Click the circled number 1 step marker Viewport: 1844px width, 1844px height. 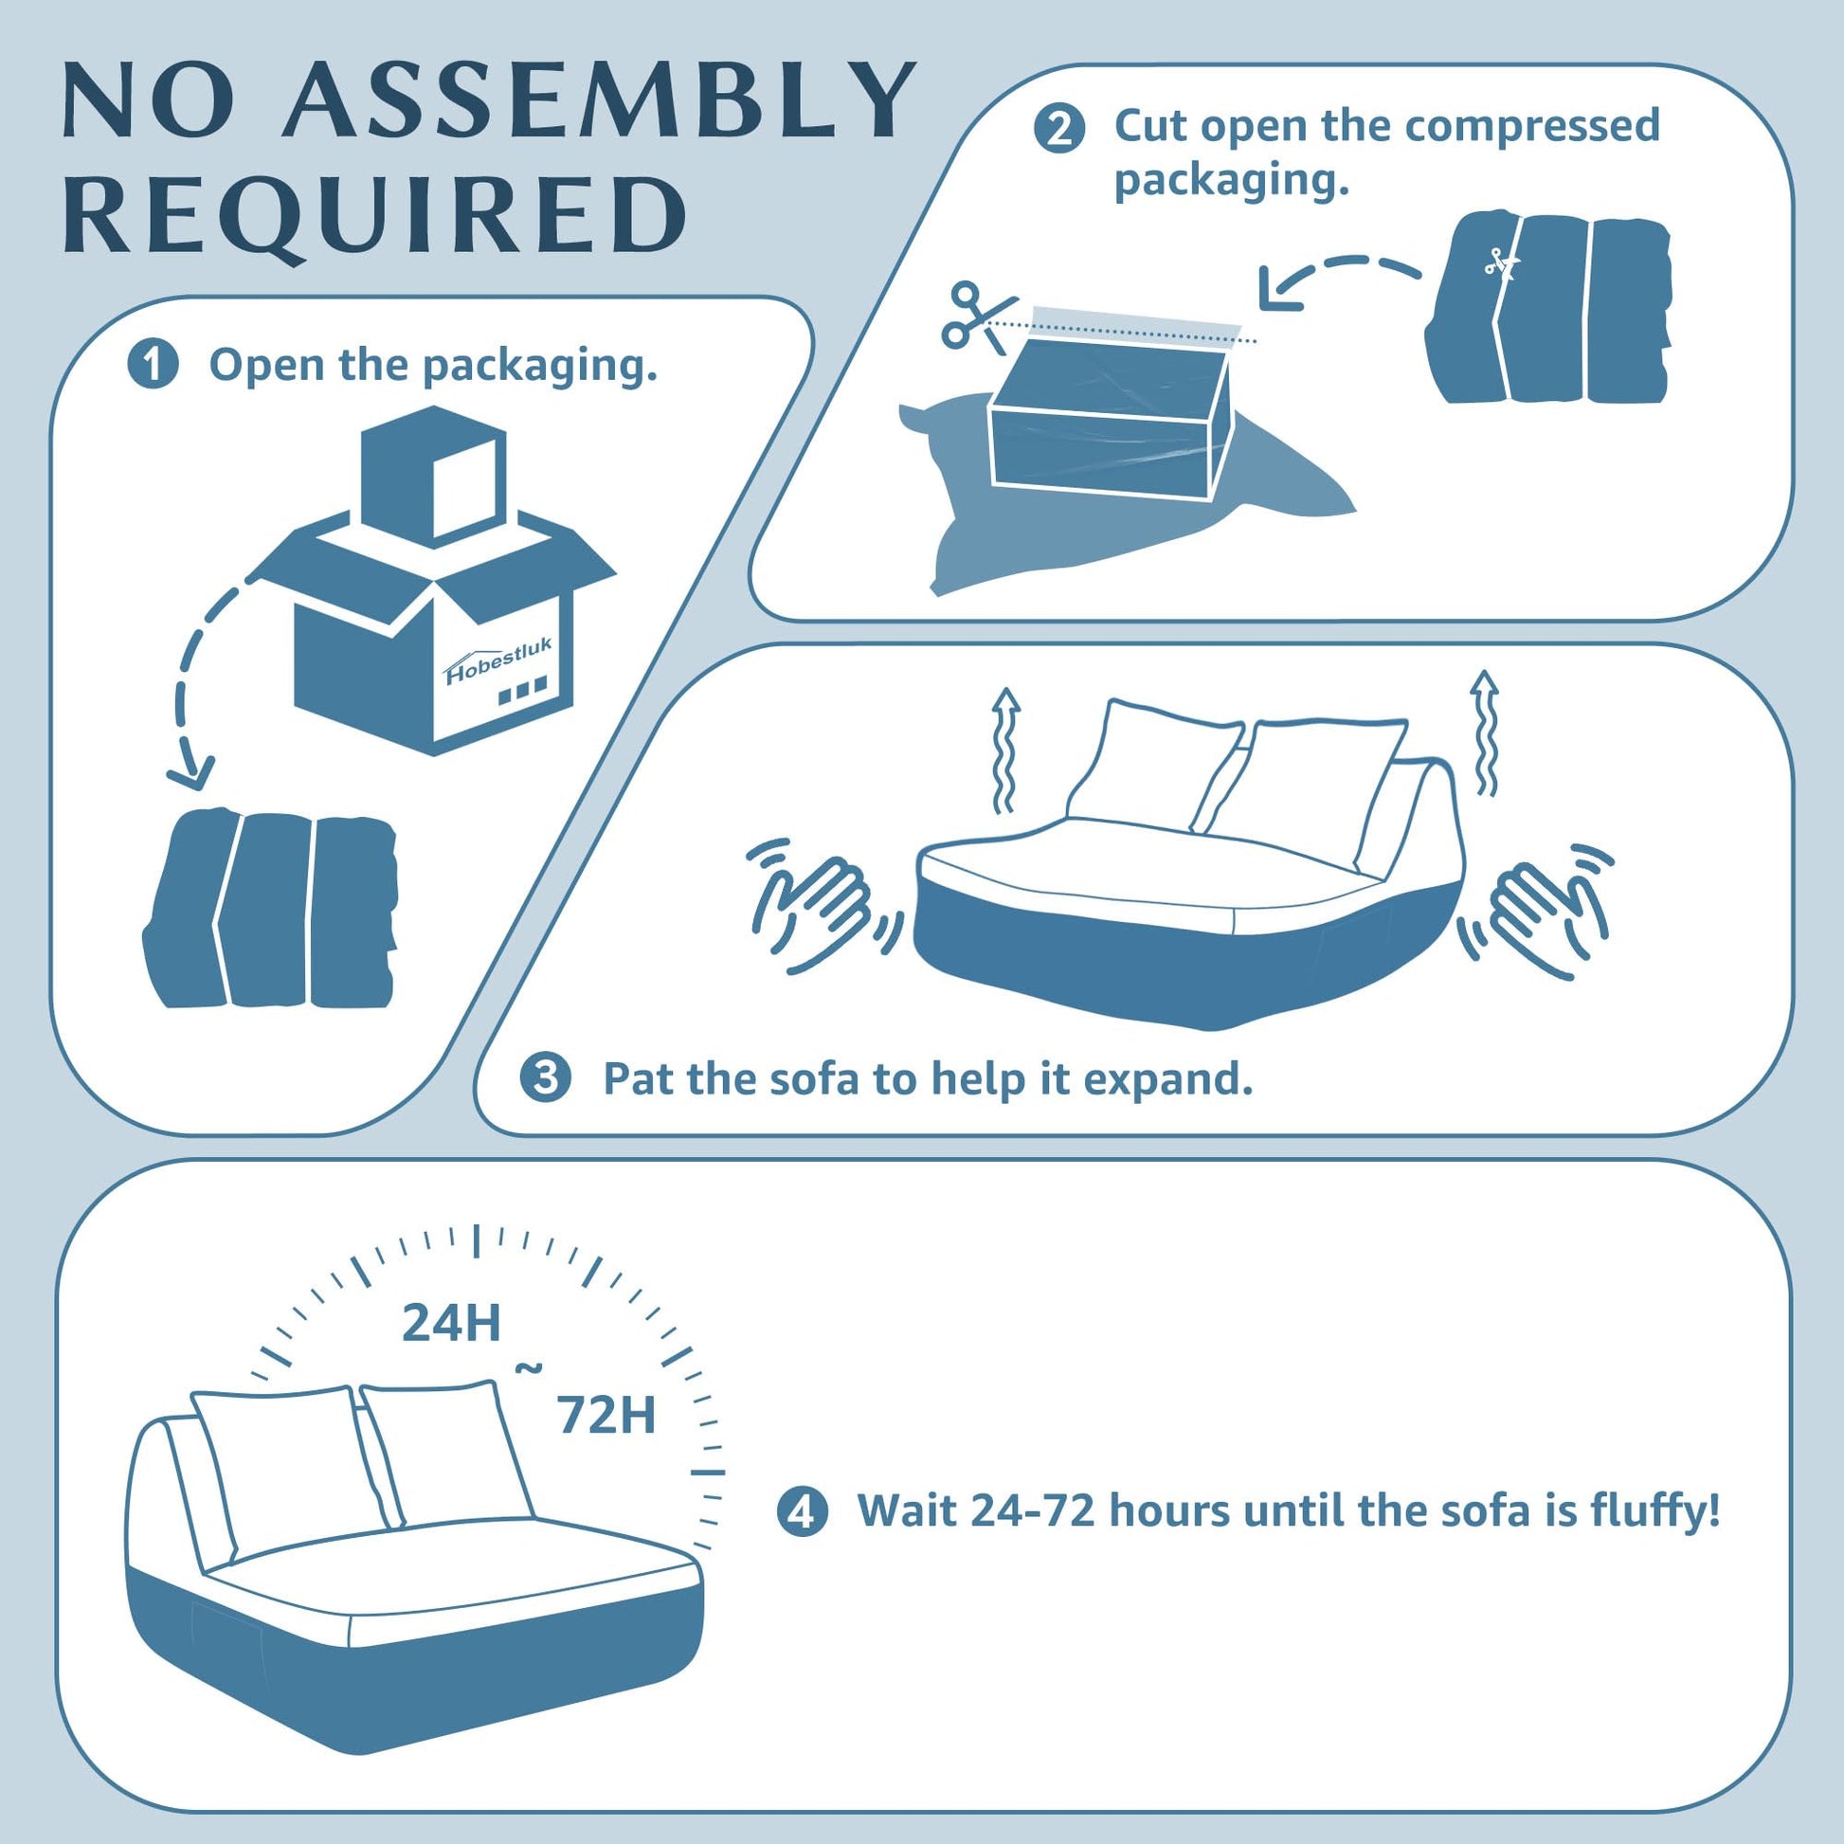(153, 366)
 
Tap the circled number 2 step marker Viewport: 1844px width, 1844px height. (1059, 129)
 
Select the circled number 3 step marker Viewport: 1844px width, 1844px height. (546, 1078)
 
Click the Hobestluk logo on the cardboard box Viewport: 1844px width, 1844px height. (499, 661)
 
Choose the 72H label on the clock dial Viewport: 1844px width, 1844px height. (607, 1415)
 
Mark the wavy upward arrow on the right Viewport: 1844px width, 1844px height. (1483, 732)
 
